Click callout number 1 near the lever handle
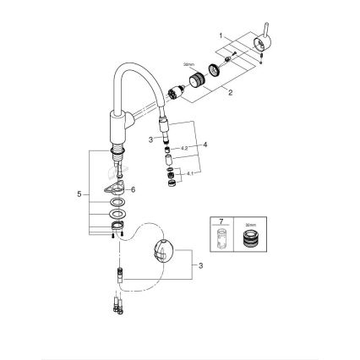[x=220, y=36]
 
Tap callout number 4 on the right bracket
[x=205, y=145]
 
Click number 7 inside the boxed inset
[x=222, y=222]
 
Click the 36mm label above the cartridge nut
[x=188, y=64]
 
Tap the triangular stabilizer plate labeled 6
[x=113, y=190]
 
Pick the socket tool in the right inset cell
[x=251, y=239]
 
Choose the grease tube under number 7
[x=223, y=239]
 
